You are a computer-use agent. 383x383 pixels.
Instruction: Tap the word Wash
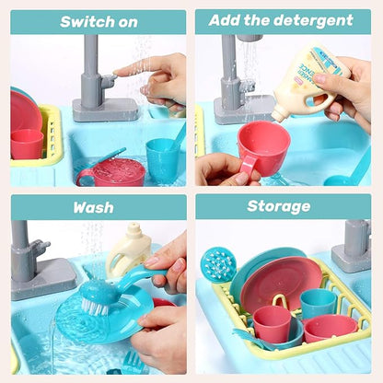pyautogui.click(x=94, y=207)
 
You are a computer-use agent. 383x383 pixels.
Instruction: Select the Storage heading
pyautogui.click(x=278, y=206)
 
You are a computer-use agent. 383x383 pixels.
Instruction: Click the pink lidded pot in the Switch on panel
pyautogui.click(x=112, y=172)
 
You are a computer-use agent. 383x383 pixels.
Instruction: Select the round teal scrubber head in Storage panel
pyautogui.click(x=218, y=265)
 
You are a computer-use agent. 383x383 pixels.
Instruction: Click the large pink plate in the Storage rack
pyautogui.click(x=280, y=281)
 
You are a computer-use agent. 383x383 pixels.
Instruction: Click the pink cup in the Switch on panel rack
pyautogui.click(x=27, y=145)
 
